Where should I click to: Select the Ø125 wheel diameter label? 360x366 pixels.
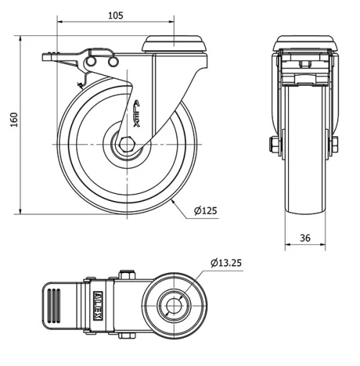[205, 211]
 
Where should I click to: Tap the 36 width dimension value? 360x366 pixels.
[305, 237]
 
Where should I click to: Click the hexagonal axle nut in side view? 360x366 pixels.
[127, 144]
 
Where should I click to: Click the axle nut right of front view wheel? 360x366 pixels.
[333, 146]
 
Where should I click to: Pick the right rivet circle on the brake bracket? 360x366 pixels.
[112, 64]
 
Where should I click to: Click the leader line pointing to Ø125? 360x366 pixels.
[183, 206]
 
